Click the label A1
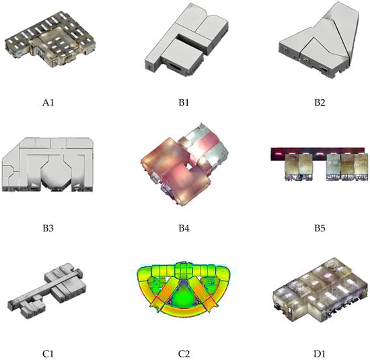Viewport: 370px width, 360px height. (48, 103)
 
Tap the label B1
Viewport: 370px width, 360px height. (184, 103)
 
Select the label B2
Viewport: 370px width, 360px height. (320, 103)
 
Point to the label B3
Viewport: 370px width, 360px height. (48, 228)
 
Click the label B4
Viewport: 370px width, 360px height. (184, 228)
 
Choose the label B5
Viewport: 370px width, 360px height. (320, 228)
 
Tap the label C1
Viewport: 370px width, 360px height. (48, 354)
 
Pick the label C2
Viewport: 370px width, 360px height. (184, 354)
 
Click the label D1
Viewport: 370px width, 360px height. (320, 354)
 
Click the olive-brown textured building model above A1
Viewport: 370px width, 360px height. (50, 39)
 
